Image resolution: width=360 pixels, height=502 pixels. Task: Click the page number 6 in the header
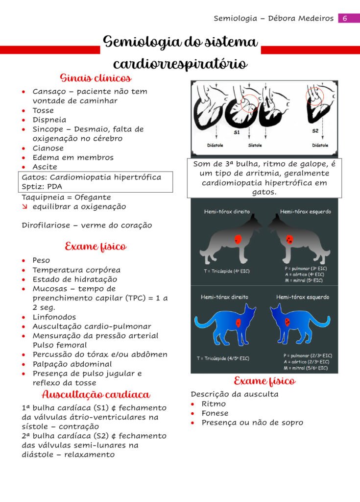point(344,18)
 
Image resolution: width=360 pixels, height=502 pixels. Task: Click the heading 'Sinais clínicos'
point(96,78)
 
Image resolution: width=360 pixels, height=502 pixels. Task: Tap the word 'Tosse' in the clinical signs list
point(43,110)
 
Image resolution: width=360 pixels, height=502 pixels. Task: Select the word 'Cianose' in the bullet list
point(48,148)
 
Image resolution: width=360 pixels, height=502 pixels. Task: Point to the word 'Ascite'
point(45,167)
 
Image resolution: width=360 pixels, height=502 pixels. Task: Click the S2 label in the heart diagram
point(315,131)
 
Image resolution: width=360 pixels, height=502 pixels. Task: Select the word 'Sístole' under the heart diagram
point(255,146)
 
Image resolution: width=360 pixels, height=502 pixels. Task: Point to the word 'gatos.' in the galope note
point(264,192)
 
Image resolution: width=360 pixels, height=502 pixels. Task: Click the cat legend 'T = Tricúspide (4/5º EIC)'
point(223,358)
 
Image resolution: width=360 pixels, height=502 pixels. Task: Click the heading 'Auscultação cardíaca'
point(96,395)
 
